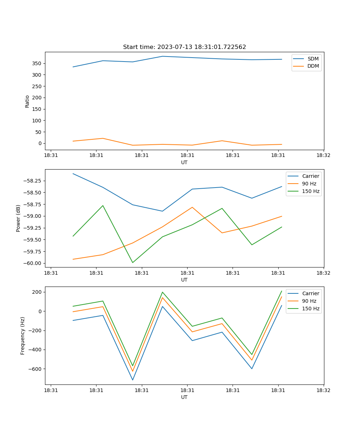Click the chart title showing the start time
[x=184, y=47]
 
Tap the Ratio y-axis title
[x=27, y=101]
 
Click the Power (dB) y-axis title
[x=18, y=218]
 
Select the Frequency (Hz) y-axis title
[x=23, y=336]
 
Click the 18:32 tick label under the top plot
[x=324, y=156]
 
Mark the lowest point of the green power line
[x=132, y=262]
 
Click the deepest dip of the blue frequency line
[x=132, y=380]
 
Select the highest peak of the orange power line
[x=192, y=207]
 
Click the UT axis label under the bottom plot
[x=184, y=397]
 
